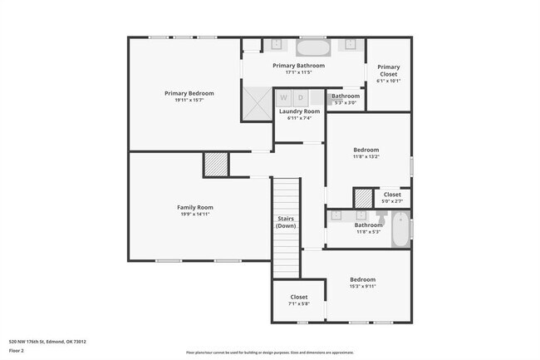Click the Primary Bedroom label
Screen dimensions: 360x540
click(189, 93)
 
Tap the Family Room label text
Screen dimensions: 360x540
click(195, 207)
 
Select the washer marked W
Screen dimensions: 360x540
click(284, 97)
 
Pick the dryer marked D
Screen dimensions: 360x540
click(301, 97)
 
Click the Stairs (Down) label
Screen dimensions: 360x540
click(286, 222)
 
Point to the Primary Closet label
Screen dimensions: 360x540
click(388, 67)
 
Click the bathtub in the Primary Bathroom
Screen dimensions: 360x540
click(313, 46)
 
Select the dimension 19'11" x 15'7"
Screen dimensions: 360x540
click(189, 101)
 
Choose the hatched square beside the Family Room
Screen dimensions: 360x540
click(216, 164)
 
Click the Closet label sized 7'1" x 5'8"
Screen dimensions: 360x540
click(299, 297)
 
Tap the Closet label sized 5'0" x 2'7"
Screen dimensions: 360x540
click(391, 195)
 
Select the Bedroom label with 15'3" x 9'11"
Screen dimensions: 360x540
click(362, 279)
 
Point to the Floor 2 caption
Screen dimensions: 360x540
click(17, 350)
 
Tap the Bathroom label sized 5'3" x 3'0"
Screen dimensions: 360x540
click(345, 96)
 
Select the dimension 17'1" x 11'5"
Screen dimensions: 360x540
click(298, 72)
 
